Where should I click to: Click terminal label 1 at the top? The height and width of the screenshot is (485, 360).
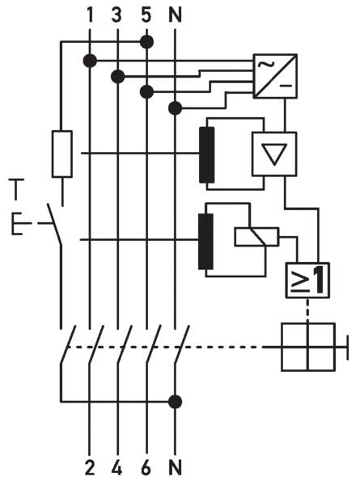(x=90, y=15)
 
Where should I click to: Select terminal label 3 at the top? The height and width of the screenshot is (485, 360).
(x=116, y=15)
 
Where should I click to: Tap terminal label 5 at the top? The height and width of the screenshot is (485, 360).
(x=146, y=15)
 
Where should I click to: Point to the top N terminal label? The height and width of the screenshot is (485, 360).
(x=176, y=15)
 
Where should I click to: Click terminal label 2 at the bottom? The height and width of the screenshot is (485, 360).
(x=90, y=467)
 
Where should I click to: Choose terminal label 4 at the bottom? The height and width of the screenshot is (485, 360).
(x=116, y=467)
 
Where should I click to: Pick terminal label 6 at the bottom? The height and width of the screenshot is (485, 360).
(x=146, y=467)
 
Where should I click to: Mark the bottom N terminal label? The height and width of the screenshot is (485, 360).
(x=176, y=467)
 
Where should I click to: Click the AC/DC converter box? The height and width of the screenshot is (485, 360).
(x=275, y=76)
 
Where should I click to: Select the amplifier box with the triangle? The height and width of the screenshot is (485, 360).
(x=274, y=154)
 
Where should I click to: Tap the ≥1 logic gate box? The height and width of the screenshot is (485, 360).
(x=307, y=280)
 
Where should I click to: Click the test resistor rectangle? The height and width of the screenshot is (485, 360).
(x=62, y=154)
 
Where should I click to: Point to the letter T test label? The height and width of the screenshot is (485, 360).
(x=16, y=188)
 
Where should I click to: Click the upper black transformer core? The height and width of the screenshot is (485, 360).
(x=207, y=154)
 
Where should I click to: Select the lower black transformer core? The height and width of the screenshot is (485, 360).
(x=205, y=241)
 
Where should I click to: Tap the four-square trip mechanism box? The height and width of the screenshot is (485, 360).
(x=308, y=347)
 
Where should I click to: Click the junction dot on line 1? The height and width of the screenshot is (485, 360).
(x=90, y=61)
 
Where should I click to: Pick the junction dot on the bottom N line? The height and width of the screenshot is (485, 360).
(x=176, y=402)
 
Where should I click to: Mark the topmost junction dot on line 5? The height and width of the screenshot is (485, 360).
(x=146, y=42)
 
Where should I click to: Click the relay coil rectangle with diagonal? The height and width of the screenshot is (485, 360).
(x=257, y=237)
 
